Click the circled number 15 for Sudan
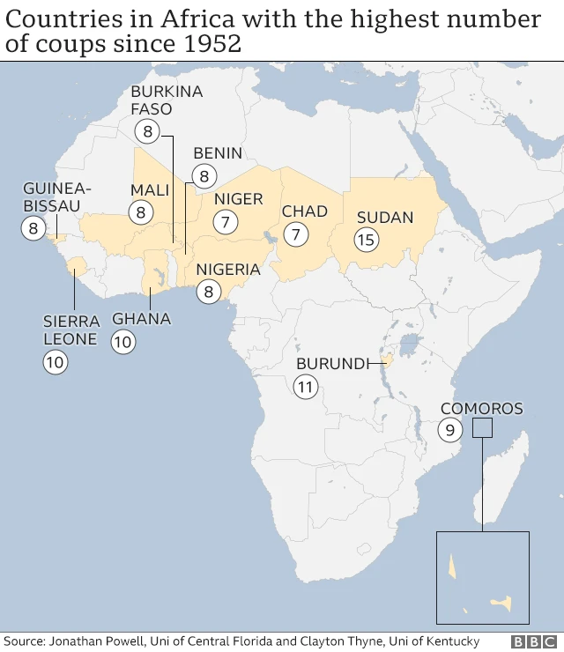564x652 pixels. coord(367,239)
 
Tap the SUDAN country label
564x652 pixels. coord(385,217)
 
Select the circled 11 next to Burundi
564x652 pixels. coord(306,386)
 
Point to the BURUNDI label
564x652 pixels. coord(331,363)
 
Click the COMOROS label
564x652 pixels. coord(481,408)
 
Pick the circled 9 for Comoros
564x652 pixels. coord(449,430)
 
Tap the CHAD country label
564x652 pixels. coord(304,211)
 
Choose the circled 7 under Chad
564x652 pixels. coord(296,234)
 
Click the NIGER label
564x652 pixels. coord(239,199)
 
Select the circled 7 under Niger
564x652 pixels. coord(226,223)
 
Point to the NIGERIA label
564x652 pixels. coord(228,270)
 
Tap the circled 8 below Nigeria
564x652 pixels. coord(208,292)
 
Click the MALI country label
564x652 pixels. coord(150,190)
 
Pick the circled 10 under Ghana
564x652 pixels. coord(123,342)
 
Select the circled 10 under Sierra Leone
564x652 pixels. coord(55,361)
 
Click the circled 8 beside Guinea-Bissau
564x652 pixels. coord(33,229)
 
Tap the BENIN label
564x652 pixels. coord(217,153)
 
